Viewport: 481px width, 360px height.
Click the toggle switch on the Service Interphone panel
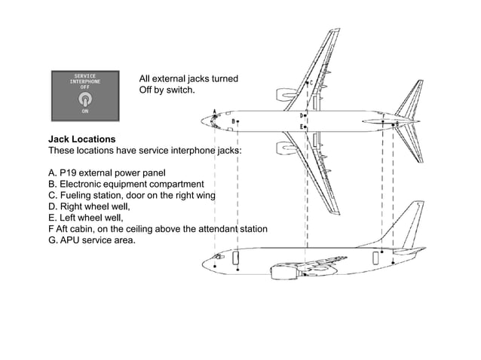point(85,98)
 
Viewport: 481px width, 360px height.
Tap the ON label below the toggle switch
point(85,111)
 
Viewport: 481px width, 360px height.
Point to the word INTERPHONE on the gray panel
point(84,81)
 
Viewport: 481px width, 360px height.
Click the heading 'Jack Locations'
point(82,139)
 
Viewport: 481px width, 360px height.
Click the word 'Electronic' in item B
point(81,183)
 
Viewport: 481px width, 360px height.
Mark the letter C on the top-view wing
point(312,83)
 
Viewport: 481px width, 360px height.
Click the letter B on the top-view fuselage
point(233,121)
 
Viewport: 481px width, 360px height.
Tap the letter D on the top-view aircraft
point(302,116)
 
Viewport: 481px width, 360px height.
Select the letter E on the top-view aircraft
point(302,127)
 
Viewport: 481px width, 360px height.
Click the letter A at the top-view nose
point(214,112)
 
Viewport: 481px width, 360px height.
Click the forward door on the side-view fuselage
point(237,259)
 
